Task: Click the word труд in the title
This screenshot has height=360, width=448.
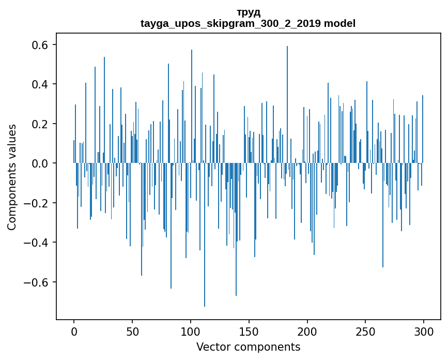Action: point(248,12)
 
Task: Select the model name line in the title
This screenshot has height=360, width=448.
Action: point(248,23)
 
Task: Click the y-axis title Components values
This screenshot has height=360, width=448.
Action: point(12,177)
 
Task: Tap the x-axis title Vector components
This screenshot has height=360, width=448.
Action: point(248,347)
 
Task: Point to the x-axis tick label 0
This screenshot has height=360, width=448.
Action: point(74,331)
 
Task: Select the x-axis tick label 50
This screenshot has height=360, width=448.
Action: point(132,331)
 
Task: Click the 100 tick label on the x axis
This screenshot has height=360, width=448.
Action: point(191,331)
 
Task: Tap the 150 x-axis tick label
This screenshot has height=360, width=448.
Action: point(249,331)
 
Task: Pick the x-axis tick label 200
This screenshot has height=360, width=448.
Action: point(307,331)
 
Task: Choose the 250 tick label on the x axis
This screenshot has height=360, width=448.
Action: point(366,331)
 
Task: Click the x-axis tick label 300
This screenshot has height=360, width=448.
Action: point(424,331)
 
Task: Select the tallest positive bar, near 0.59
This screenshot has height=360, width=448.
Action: point(287,103)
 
